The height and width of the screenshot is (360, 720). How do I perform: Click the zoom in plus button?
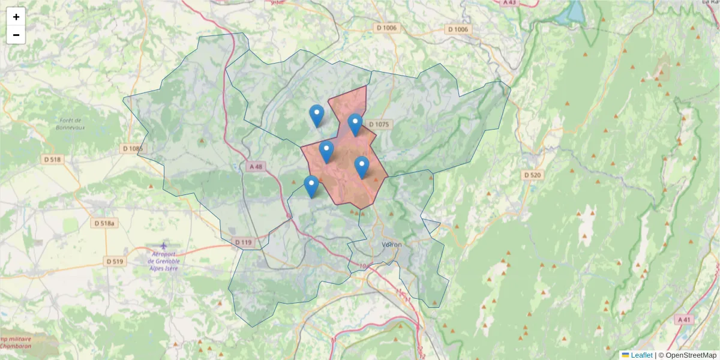point(16,17)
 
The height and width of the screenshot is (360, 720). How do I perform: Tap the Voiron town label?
point(391,245)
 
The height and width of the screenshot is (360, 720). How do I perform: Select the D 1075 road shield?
point(379,124)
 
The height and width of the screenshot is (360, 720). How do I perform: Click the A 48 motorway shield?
point(255,166)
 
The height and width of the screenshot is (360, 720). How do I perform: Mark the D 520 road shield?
point(532,175)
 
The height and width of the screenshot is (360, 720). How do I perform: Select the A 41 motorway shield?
point(683,319)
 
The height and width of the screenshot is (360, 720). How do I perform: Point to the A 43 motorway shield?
point(509,2)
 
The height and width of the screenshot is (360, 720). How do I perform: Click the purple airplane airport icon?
point(164,246)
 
